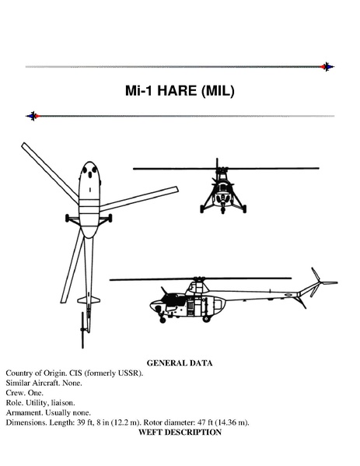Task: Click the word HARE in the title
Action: pyautogui.click(x=177, y=91)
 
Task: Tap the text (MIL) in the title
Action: pyautogui.click(x=218, y=91)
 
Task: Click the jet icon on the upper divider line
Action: pyautogui.click(x=327, y=67)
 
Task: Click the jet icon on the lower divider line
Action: pyautogui.click(x=33, y=116)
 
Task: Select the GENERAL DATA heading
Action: pyautogui.click(x=180, y=363)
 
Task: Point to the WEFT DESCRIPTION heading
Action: pyautogui.click(x=180, y=432)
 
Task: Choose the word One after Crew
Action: pyautogui.click(x=35, y=393)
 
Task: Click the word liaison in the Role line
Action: pyautogui.click(x=63, y=403)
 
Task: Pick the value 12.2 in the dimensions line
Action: pyautogui.click(x=121, y=422)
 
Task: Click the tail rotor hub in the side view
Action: pyautogui.click(x=320, y=282)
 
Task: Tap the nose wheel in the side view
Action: pyautogui.click(x=163, y=320)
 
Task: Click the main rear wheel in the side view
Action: pyautogui.click(x=206, y=319)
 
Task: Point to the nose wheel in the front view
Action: pyautogui.click(x=223, y=210)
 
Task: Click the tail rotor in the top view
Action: pyautogui.click(x=82, y=330)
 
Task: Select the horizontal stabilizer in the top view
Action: pyautogui.click(x=89, y=300)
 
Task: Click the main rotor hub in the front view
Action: pyautogui.click(x=220, y=170)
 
